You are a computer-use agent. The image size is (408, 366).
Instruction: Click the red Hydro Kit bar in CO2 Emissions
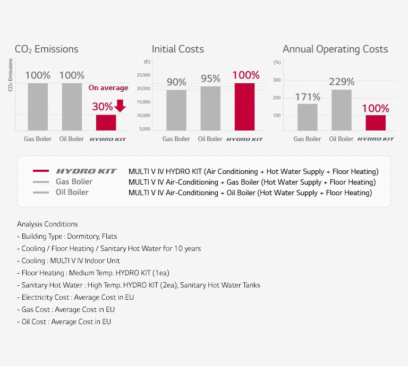pyautogui.click(x=106, y=123)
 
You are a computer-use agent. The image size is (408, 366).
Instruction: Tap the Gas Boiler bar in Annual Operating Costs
pyautogui.click(x=307, y=117)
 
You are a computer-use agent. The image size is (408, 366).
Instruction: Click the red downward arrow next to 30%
pyautogui.click(x=120, y=106)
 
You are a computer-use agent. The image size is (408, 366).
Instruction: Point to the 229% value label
pyautogui.click(x=341, y=82)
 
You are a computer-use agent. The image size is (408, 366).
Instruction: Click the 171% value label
pyautogui.click(x=307, y=97)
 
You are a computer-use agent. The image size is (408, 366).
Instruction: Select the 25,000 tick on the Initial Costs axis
pyautogui.click(x=143, y=75)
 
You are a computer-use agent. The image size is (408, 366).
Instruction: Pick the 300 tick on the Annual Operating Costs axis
pyautogui.click(x=277, y=80)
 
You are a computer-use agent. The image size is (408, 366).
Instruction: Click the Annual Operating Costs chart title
pyautogui.click(x=335, y=49)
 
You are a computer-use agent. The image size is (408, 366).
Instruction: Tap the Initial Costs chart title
pyautogui.click(x=177, y=49)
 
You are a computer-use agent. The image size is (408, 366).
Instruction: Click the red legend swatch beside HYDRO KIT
pyautogui.click(x=41, y=171)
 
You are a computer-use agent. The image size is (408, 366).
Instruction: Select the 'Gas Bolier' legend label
pyautogui.click(x=74, y=182)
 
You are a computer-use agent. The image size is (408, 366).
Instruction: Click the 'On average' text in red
pyautogui.click(x=108, y=88)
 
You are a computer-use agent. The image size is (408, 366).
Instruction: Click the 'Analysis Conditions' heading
pyautogui.click(x=47, y=224)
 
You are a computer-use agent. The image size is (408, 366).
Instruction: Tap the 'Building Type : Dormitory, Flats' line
pyautogui.click(x=67, y=236)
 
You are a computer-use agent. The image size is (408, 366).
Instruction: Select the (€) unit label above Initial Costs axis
pyautogui.click(x=147, y=62)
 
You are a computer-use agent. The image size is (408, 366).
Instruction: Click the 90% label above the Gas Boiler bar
pyautogui.click(x=176, y=82)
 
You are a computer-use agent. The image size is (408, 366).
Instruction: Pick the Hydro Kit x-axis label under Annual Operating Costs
pyautogui.click(x=376, y=139)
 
